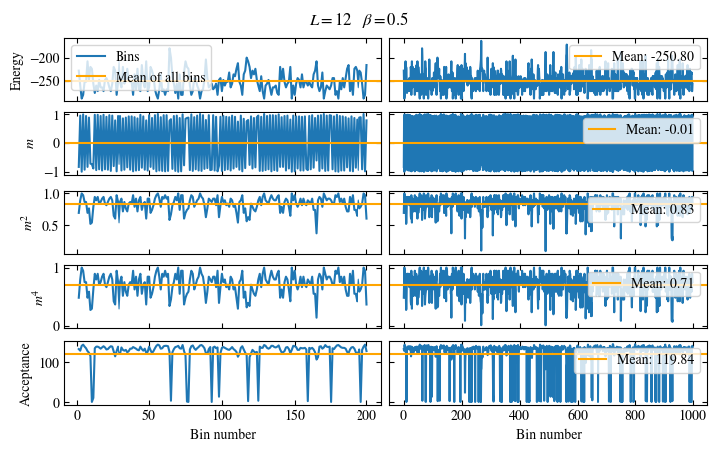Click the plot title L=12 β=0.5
tap(358, 19)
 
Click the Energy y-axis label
tap(16, 70)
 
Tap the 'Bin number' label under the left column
tap(222, 434)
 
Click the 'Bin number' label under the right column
tap(549, 434)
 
